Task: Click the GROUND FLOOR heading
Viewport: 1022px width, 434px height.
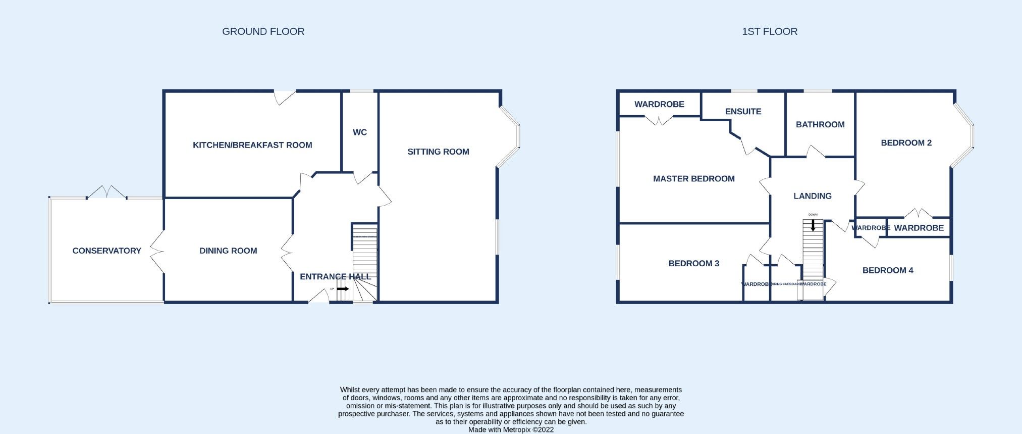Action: pyautogui.click(x=263, y=31)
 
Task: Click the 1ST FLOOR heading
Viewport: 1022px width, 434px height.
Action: pyautogui.click(x=769, y=31)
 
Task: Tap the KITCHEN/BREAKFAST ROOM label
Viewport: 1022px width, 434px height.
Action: pyautogui.click(x=252, y=145)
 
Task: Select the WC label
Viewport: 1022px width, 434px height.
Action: pyautogui.click(x=359, y=132)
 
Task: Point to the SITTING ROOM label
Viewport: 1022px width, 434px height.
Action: pyautogui.click(x=438, y=152)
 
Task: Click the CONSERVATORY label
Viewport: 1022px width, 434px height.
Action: pyautogui.click(x=106, y=251)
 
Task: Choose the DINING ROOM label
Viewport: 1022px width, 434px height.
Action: pyautogui.click(x=228, y=251)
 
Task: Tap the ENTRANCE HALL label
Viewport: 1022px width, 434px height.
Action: pyautogui.click(x=335, y=276)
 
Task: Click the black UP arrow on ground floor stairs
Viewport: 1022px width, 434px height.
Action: pyautogui.click(x=343, y=289)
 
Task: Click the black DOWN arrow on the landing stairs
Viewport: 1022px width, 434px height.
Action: pyautogui.click(x=813, y=225)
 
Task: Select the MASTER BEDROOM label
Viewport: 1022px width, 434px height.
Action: pyautogui.click(x=693, y=178)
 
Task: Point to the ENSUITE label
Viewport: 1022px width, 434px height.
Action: pyautogui.click(x=743, y=112)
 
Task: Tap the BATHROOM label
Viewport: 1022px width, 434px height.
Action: pyautogui.click(x=820, y=124)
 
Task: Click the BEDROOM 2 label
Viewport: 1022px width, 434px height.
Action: pyautogui.click(x=906, y=143)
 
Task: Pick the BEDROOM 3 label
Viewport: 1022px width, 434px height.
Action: pyautogui.click(x=693, y=263)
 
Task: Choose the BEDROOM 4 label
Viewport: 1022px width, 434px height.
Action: pyautogui.click(x=887, y=270)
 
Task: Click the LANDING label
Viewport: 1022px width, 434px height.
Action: pyautogui.click(x=812, y=196)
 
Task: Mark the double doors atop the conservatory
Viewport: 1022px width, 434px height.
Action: pyautogui.click(x=106, y=192)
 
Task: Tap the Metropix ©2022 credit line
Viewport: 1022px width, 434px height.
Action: pyautogui.click(x=511, y=430)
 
